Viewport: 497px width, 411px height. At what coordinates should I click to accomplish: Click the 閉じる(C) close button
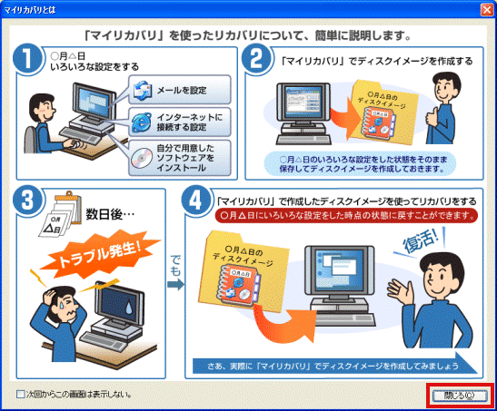460,396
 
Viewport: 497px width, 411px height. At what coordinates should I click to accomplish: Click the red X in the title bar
487,10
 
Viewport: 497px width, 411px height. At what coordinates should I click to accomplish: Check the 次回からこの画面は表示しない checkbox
21,395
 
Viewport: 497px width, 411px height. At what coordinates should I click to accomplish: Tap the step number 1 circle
27,59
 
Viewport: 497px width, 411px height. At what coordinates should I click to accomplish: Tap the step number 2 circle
256,59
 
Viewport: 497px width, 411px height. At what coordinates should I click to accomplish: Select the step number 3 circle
27,201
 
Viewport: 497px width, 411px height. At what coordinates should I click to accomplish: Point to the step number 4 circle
195,201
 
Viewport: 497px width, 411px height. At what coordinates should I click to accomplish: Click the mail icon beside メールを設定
143,91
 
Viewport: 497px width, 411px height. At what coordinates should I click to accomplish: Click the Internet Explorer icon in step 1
142,122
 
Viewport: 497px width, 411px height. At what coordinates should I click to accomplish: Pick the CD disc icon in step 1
142,158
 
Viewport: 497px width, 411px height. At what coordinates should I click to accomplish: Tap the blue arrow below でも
175,285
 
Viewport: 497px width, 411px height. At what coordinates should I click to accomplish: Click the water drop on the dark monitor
128,308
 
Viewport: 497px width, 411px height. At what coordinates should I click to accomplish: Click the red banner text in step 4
346,215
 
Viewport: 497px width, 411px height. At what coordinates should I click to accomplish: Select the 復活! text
421,241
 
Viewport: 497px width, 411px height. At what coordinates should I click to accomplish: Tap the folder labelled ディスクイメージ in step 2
382,112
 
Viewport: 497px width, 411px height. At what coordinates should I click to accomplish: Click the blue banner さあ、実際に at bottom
334,366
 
